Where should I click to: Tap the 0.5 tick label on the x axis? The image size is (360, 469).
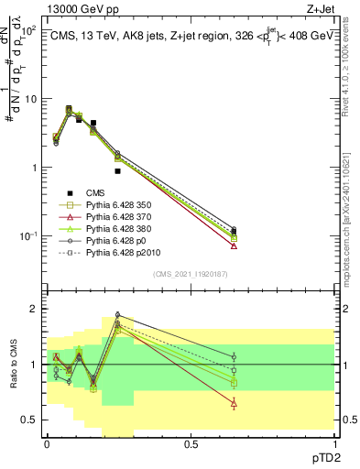pos(191,442)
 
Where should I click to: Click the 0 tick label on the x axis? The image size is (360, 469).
pos(47,442)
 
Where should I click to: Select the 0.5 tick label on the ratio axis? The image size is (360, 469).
pos(28,420)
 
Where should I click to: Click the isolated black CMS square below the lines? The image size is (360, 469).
pos(117,171)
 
